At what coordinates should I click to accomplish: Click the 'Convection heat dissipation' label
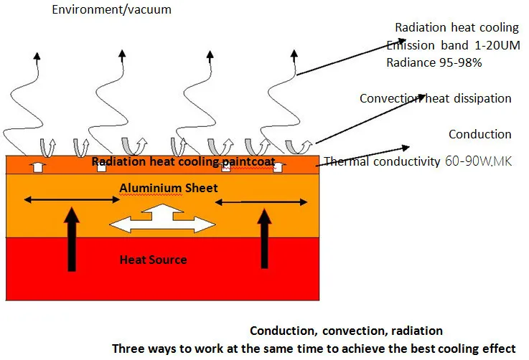pyautogui.click(x=435, y=98)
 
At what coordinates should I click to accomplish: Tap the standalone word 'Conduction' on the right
pyautogui.click(x=479, y=134)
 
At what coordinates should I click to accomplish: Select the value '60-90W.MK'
pyautogui.click(x=477, y=161)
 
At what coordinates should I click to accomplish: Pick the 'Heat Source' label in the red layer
pyautogui.click(x=153, y=260)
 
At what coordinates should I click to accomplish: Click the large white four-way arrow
pyautogui.click(x=166, y=219)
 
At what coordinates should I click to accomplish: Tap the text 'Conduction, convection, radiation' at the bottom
pyautogui.click(x=346, y=331)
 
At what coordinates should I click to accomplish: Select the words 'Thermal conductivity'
pyautogui.click(x=382, y=162)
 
